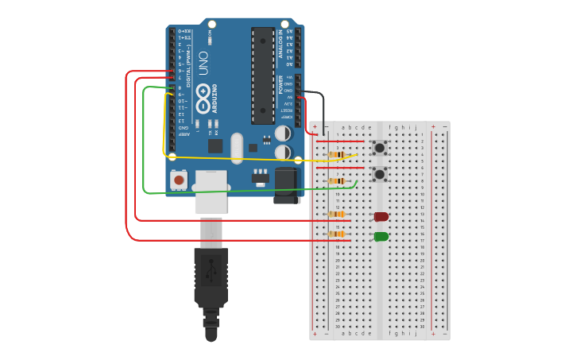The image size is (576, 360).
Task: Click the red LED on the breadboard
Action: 381,217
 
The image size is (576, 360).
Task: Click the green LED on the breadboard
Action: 381,236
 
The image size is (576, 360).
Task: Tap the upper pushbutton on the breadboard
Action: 380,147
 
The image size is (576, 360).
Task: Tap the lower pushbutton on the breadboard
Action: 380,173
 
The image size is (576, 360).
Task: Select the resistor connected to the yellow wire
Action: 337,154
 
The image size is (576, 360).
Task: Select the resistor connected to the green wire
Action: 337,181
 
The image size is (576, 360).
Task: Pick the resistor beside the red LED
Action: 337,214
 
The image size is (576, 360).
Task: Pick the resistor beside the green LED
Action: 337,234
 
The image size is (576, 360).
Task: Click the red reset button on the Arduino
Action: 179,180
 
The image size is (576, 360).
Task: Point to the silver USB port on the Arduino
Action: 211,191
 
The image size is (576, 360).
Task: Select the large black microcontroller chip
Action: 262,75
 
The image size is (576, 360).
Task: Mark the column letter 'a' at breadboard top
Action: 342,127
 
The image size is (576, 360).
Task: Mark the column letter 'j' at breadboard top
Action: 415,127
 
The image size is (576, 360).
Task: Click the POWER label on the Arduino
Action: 280,84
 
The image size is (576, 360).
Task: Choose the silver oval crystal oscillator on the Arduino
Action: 236,148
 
